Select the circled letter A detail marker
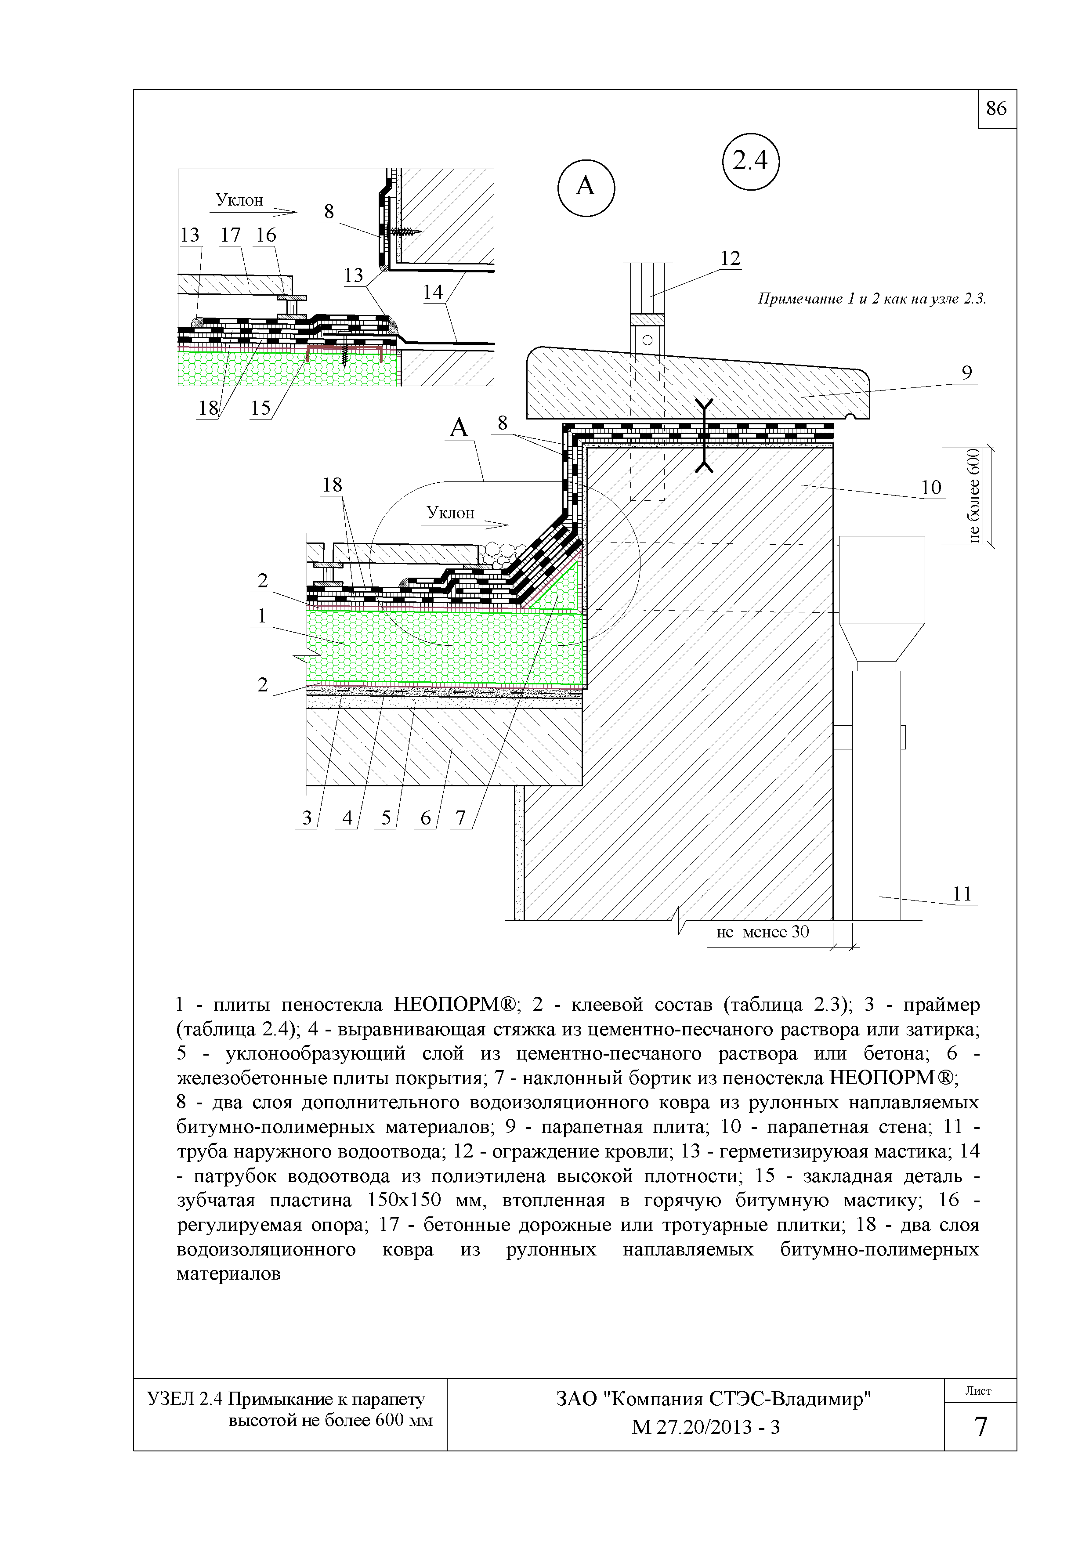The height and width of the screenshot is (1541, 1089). coord(586,186)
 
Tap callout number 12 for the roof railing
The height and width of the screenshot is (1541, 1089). coord(730,258)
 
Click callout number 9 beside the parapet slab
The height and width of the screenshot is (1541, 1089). coord(966,373)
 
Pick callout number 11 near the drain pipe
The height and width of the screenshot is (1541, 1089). coord(962,894)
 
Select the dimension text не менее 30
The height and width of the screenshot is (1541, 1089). coord(763,932)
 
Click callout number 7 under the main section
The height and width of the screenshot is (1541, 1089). coord(460,818)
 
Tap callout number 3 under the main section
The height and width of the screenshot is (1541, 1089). coord(307,818)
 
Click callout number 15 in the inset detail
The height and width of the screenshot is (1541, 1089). coord(260,408)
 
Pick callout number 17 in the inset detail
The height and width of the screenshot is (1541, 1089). coord(230,235)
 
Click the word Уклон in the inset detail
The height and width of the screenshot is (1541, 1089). coord(239,200)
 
